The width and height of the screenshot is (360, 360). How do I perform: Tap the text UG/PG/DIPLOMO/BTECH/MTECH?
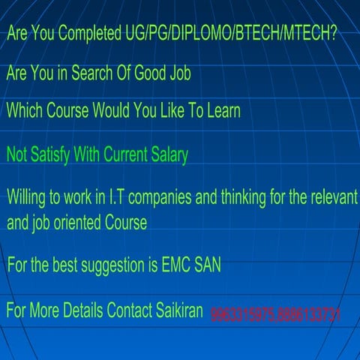229,34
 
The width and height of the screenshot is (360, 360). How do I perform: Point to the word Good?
154,73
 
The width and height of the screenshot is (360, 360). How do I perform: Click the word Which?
25,111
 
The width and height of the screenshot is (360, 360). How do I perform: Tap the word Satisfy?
52,155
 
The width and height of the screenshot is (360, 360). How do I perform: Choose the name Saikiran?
175,310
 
